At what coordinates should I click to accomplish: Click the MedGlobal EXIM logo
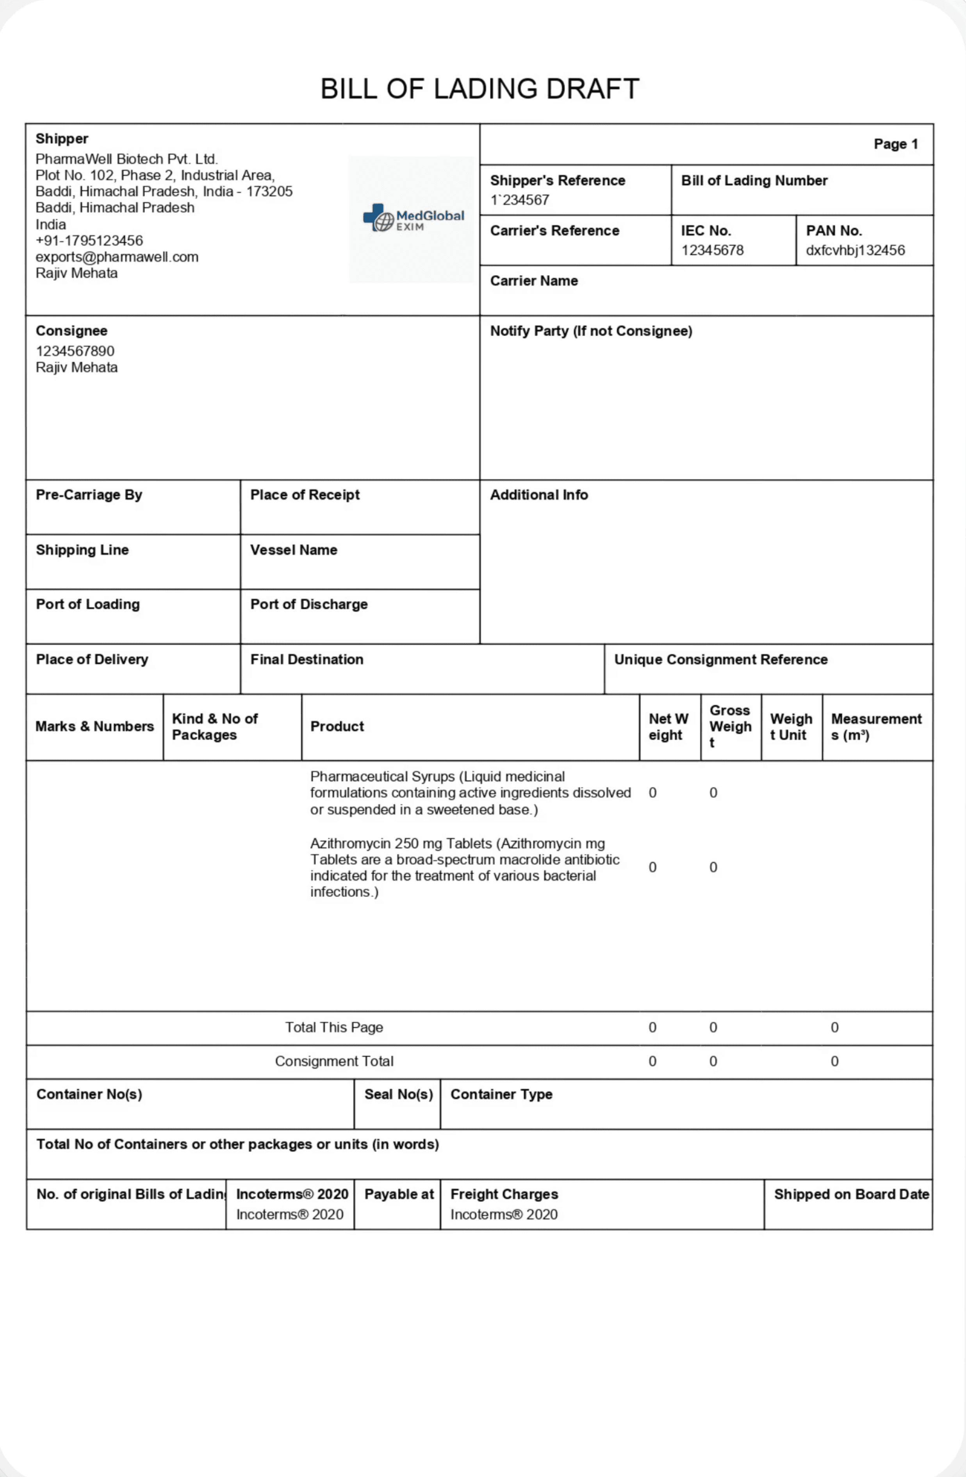(413, 219)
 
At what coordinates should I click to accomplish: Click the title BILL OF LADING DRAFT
(479, 89)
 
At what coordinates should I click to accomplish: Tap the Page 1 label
(895, 144)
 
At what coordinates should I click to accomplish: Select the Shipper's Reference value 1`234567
(520, 200)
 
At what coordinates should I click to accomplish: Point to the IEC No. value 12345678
(712, 250)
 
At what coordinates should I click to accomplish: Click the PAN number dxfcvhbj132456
(855, 250)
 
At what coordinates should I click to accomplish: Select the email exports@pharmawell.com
(117, 257)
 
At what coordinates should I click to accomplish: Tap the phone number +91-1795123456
(89, 241)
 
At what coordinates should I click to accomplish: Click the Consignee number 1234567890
(75, 351)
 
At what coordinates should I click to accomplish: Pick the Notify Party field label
(590, 331)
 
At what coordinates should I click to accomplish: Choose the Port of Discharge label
(308, 605)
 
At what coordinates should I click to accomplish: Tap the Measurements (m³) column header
(876, 727)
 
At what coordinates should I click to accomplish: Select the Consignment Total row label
(334, 1061)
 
